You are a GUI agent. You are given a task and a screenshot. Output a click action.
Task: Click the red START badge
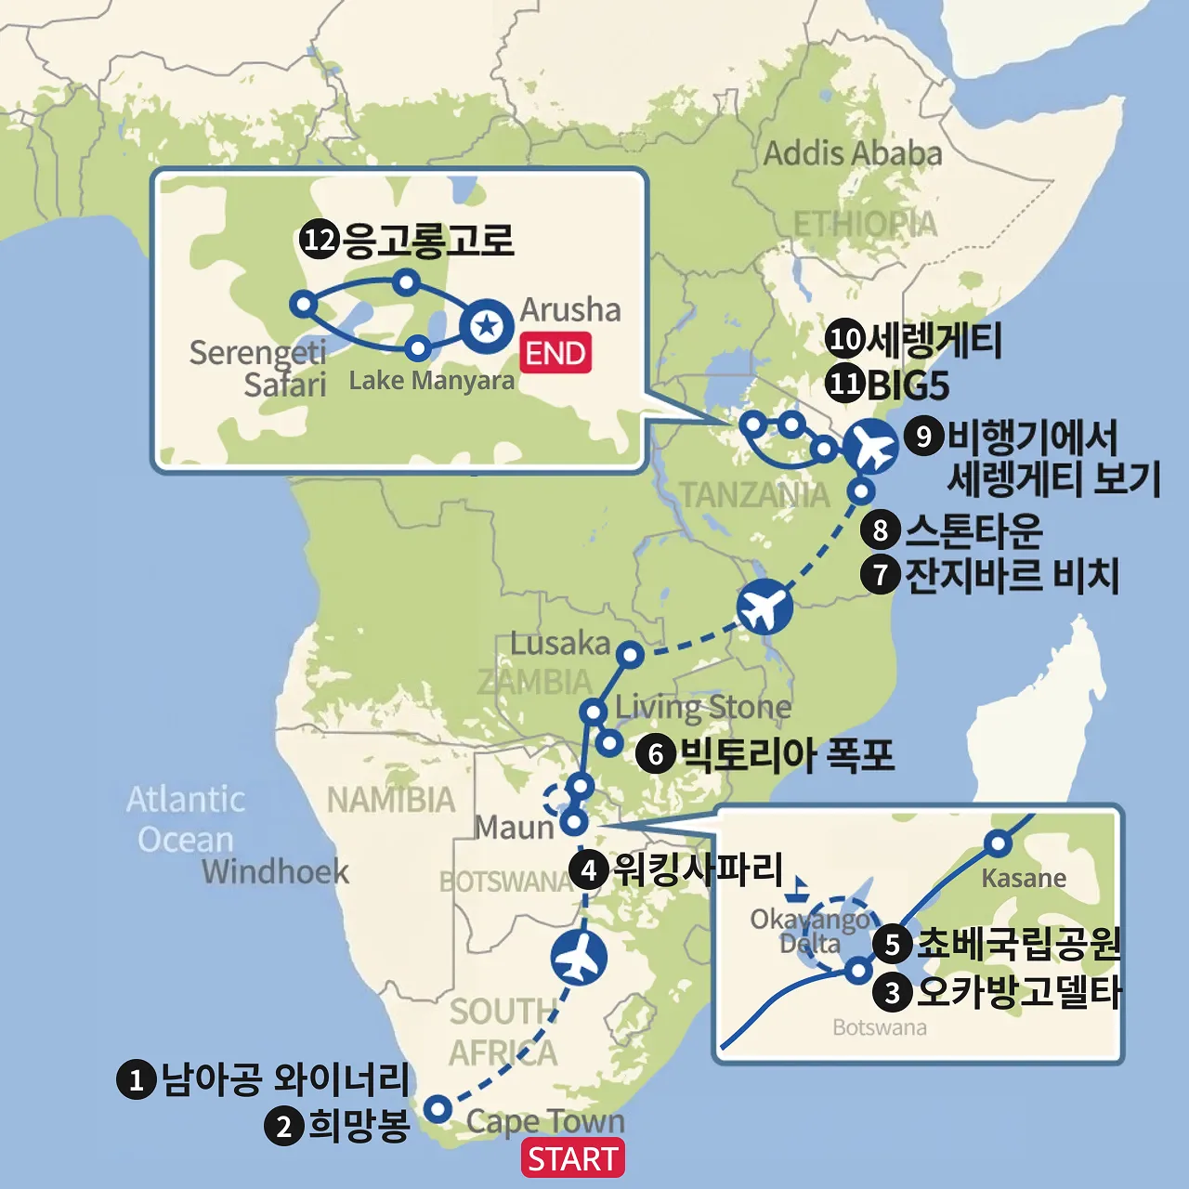pos(572,1159)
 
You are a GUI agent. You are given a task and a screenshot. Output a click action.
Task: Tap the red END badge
pos(555,354)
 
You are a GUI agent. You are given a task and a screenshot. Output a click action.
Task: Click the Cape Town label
pos(545,1121)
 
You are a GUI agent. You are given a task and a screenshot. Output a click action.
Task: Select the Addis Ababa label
pos(852,153)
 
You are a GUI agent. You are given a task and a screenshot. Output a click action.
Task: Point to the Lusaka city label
pos(559,643)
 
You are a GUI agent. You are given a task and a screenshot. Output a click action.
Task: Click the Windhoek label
pos(275,871)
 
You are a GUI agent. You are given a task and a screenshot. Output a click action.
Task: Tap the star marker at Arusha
pos(487,326)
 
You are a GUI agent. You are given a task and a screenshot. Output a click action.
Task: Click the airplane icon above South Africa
pos(579,958)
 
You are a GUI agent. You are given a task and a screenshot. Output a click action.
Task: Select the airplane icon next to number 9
pos(871,448)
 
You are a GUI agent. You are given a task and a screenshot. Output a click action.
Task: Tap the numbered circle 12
pos(319,241)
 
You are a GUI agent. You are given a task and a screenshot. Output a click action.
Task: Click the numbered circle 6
pos(656,753)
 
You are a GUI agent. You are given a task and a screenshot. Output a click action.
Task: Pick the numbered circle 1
pos(136,1079)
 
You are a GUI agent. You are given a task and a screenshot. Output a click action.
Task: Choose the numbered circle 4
pos(589,870)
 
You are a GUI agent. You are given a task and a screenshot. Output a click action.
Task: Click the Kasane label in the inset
pos(1024,878)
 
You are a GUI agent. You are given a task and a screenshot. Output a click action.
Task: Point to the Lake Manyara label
pos(431,380)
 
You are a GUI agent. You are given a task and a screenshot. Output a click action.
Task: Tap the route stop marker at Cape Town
pos(438,1108)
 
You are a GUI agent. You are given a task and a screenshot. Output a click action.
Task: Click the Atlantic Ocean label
pos(186,818)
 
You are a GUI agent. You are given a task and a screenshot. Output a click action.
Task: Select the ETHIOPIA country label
pos(865,224)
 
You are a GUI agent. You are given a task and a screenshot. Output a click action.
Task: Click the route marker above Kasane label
pos(998,843)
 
